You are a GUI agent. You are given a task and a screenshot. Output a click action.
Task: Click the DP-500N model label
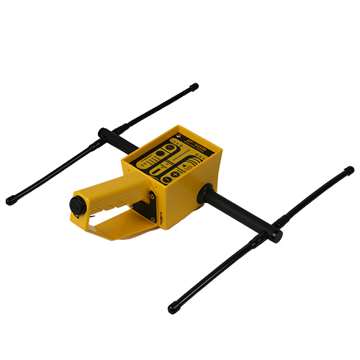point(196,142)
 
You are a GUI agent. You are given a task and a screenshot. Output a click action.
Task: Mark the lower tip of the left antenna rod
point(9,201)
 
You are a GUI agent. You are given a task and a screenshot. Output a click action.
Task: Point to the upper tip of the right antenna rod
point(350,171)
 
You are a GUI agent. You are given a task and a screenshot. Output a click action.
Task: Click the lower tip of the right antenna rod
point(172,309)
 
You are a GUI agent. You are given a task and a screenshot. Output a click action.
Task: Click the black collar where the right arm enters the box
point(204,192)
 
